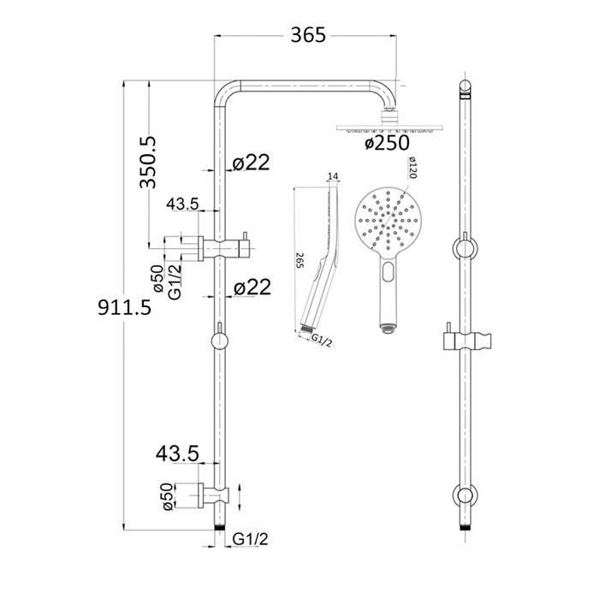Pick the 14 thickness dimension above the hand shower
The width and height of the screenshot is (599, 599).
click(x=333, y=176)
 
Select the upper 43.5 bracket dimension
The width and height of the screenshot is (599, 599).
click(x=182, y=204)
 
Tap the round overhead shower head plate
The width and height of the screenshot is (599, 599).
click(x=389, y=127)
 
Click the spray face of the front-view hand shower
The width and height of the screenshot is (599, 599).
click(x=389, y=222)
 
